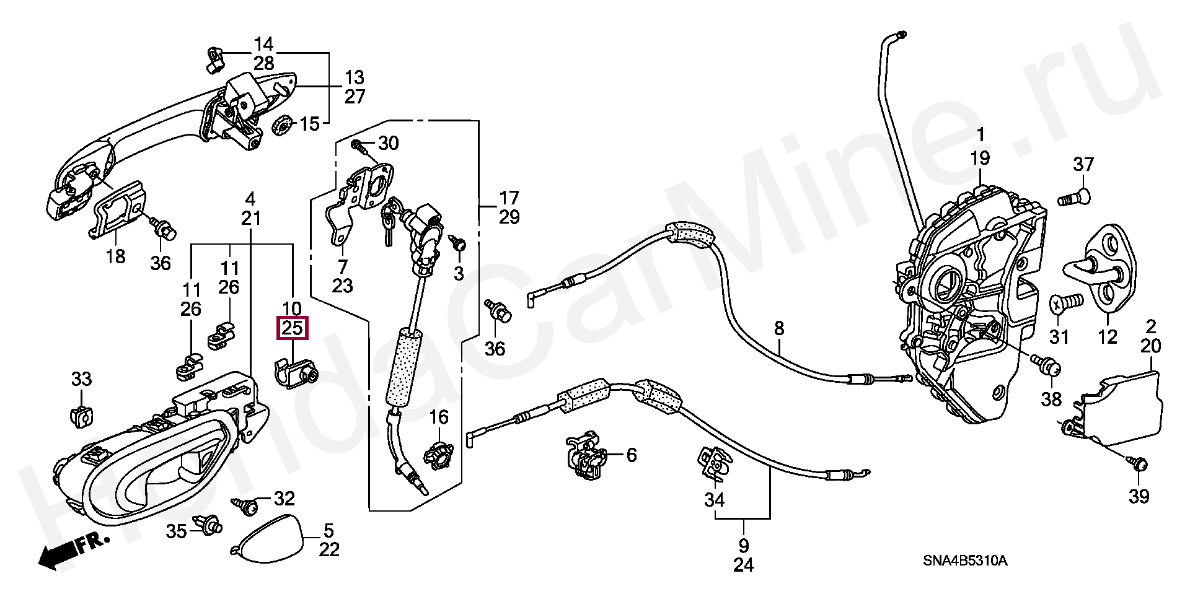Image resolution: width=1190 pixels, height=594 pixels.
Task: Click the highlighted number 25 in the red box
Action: (x=292, y=328)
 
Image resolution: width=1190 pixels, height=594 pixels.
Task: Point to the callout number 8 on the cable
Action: (x=779, y=328)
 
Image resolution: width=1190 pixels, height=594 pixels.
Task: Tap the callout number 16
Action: (x=439, y=417)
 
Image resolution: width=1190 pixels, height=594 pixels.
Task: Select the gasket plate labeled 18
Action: (x=118, y=207)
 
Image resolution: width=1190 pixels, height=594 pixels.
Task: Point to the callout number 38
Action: (x=1052, y=399)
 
